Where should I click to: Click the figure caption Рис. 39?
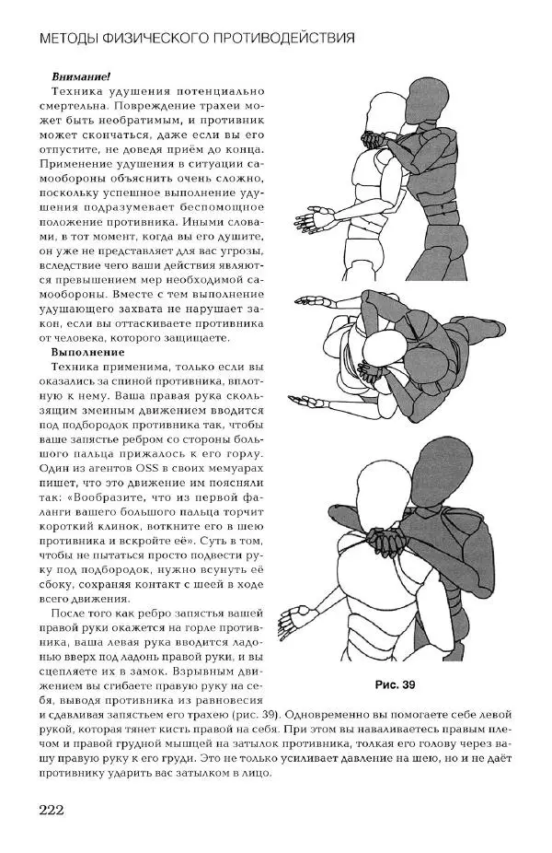tap(396, 684)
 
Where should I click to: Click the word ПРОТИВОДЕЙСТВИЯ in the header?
tap(288, 39)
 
